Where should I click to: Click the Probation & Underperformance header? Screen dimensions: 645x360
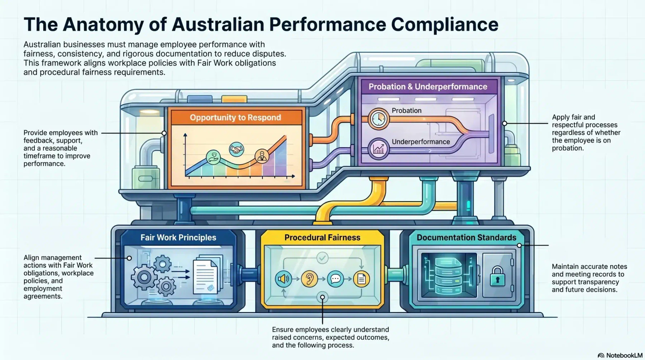[428, 87]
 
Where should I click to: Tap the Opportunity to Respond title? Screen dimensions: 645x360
[235, 117]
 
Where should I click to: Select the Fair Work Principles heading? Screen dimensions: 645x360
[178, 237]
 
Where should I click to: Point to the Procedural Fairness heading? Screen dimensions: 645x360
[322, 237]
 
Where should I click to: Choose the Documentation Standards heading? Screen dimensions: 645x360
[467, 237]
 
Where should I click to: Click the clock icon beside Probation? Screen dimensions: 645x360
[378, 119]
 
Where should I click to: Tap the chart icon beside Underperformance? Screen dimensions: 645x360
[378, 148]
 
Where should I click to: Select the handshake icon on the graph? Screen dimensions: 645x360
[236, 149]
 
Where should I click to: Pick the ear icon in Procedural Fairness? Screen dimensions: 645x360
[309, 279]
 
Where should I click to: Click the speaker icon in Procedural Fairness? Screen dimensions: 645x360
[283, 279]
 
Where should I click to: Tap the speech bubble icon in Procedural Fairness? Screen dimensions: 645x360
[335, 279]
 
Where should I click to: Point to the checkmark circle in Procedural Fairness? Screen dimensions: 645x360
[322, 258]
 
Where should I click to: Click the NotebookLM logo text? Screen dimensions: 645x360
[624, 355]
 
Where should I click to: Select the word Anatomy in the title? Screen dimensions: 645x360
[115, 24]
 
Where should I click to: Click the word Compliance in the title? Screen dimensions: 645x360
[445, 24]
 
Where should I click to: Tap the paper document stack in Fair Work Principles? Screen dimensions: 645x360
[207, 274]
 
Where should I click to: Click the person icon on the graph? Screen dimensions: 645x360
[262, 156]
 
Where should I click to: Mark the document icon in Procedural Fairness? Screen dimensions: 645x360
[361, 279]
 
